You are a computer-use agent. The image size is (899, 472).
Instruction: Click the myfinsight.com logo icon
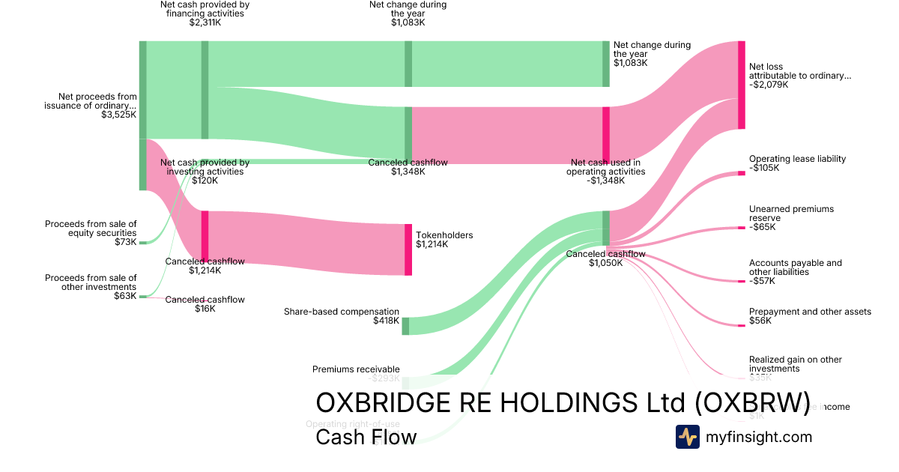coord(687,437)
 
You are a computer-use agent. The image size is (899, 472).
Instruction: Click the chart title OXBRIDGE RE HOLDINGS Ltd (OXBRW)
coord(563,402)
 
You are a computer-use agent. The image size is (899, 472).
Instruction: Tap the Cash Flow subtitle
coord(366,437)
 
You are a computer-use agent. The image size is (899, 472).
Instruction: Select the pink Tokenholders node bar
coord(408,249)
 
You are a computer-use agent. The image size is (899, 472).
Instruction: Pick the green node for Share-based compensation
coord(405,326)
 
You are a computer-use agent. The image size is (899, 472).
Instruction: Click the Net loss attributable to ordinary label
coord(799,76)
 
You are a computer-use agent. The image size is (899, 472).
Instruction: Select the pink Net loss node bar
coord(741,85)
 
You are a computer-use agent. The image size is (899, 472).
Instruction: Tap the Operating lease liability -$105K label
coord(797,163)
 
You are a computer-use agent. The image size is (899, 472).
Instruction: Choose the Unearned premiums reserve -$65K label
coord(791,218)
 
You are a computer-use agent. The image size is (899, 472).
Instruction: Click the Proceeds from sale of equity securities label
coord(91,233)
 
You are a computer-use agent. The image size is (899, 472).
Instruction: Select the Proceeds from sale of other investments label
coord(91,287)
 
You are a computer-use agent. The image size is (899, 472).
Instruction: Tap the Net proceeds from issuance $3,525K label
coord(91,106)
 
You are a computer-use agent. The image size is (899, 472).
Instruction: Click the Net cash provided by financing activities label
coord(205,13)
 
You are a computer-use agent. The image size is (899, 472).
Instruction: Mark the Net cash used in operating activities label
coord(607,172)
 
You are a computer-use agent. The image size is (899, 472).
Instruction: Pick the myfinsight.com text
coord(759,437)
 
